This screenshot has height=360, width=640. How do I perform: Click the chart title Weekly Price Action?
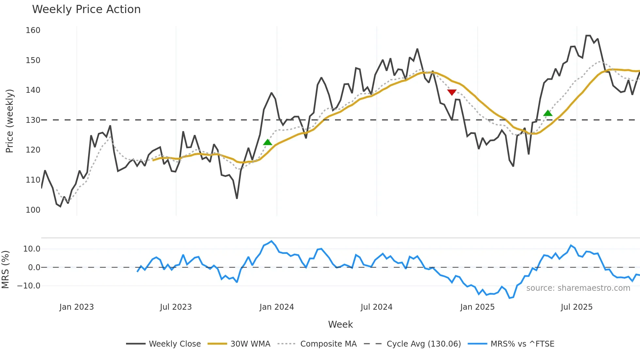pos(86,9)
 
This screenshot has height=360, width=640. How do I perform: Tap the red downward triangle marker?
pos(452,92)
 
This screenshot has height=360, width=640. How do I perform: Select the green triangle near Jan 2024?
pos(267,142)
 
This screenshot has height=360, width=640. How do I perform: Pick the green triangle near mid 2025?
pos(548,113)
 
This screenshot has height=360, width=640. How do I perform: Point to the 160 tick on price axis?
pos(33,30)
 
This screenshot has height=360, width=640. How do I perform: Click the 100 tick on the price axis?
pos(33,210)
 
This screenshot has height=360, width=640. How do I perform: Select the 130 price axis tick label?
pos(33,120)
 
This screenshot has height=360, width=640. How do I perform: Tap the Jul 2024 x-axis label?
pos(376,307)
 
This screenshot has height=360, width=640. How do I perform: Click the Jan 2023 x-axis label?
pos(76,307)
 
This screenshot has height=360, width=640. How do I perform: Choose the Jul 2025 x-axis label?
pos(576,307)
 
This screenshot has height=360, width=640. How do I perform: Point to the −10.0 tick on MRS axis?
pos(29,286)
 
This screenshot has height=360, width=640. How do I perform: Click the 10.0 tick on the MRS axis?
pos(32,249)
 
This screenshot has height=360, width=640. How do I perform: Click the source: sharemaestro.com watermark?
pos(578,288)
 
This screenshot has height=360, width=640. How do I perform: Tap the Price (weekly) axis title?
pos(10,121)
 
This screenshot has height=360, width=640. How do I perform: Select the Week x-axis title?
pos(340,324)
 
